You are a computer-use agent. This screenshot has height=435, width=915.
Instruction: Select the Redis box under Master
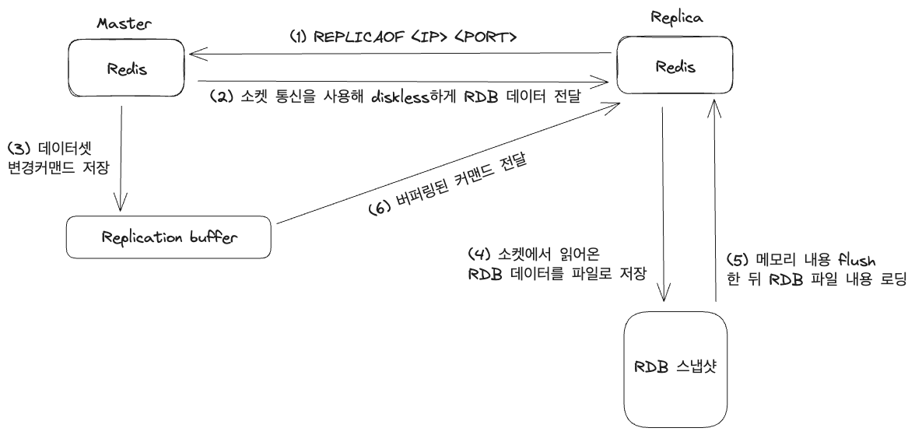coord(128,68)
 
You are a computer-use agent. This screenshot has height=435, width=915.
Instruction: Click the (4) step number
coord(479,254)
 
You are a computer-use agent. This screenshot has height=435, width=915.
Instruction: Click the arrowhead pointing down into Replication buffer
coord(121,206)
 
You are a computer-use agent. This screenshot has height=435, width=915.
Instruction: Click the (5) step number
coord(737,259)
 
